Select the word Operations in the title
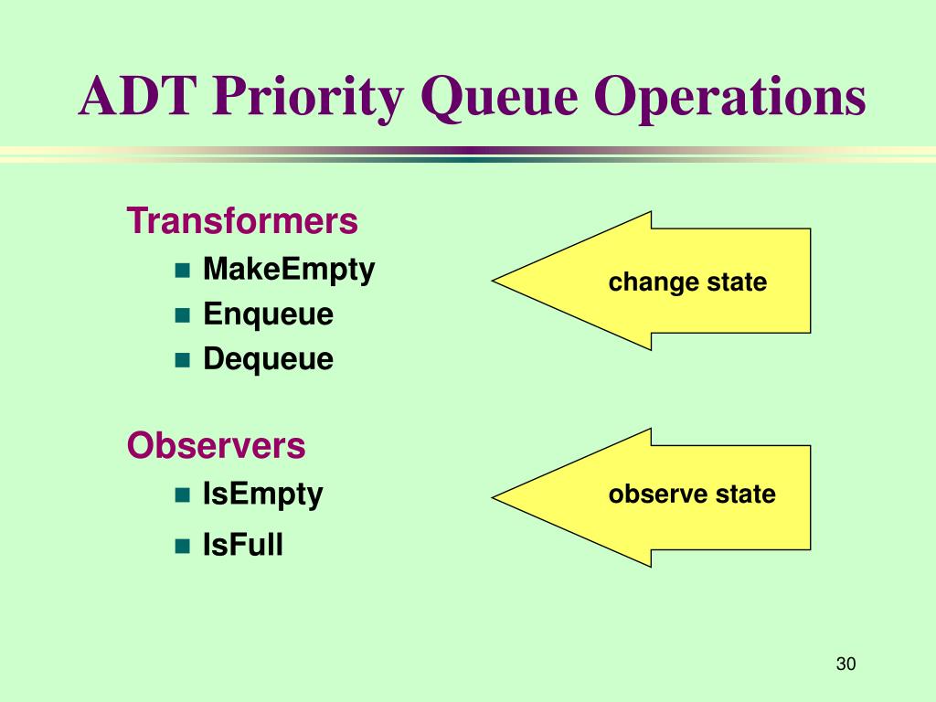click(729, 99)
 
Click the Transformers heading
click(242, 220)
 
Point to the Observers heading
click(216, 445)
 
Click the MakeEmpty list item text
click(289, 270)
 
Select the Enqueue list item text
click(268, 314)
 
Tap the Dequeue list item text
click(268, 359)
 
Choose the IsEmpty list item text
click(262, 495)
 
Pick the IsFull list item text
click(243, 545)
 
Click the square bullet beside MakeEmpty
click(182, 271)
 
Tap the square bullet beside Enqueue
click(182, 315)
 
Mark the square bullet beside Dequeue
click(182, 360)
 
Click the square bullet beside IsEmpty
click(182, 495)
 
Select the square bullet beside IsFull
click(182, 547)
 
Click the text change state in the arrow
click(687, 282)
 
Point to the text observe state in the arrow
click(692, 494)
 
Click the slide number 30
click(846, 664)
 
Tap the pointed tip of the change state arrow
click(493, 281)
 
